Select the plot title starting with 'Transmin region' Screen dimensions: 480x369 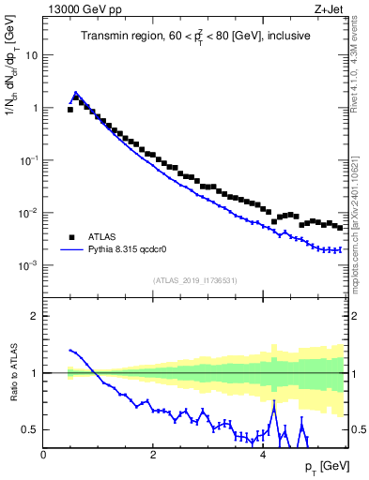coord(196,37)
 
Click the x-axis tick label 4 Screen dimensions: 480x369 coord(262,455)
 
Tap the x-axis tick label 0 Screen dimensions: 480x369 coord(43,455)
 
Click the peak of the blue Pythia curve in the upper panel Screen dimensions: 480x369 coord(76,93)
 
